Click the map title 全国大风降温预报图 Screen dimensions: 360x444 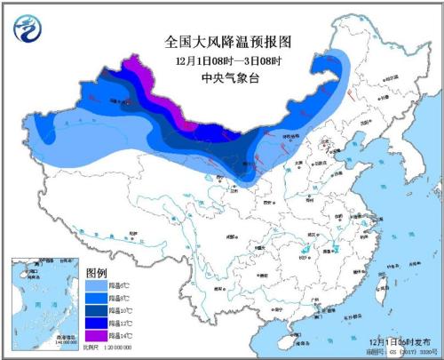point(229,41)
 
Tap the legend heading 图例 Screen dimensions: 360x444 point(97,272)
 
